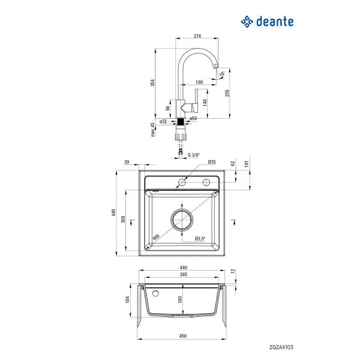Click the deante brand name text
coord(275,22)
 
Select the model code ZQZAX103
coord(281,347)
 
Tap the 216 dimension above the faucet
coord(197,36)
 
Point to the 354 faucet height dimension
coord(152,83)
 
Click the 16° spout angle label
coord(222,74)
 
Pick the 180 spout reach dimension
coord(199,82)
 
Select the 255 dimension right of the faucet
coord(227,93)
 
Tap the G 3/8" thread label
coord(194,155)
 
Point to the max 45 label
coord(152,130)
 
